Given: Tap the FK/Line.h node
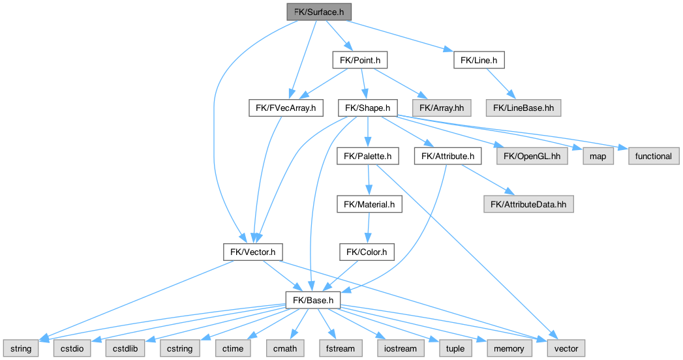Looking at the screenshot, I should click(479, 60).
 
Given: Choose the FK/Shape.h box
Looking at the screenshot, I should click(368, 108).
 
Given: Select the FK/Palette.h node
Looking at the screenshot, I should click(368, 156).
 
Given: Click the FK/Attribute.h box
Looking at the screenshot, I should click(448, 156).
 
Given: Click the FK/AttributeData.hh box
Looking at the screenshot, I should click(528, 204).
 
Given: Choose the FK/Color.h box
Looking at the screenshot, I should click(367, 252).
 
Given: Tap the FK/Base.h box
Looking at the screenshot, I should click(313, 300).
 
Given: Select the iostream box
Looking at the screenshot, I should click(396, 348).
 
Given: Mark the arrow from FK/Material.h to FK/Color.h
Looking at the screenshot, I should click(369, 228).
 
